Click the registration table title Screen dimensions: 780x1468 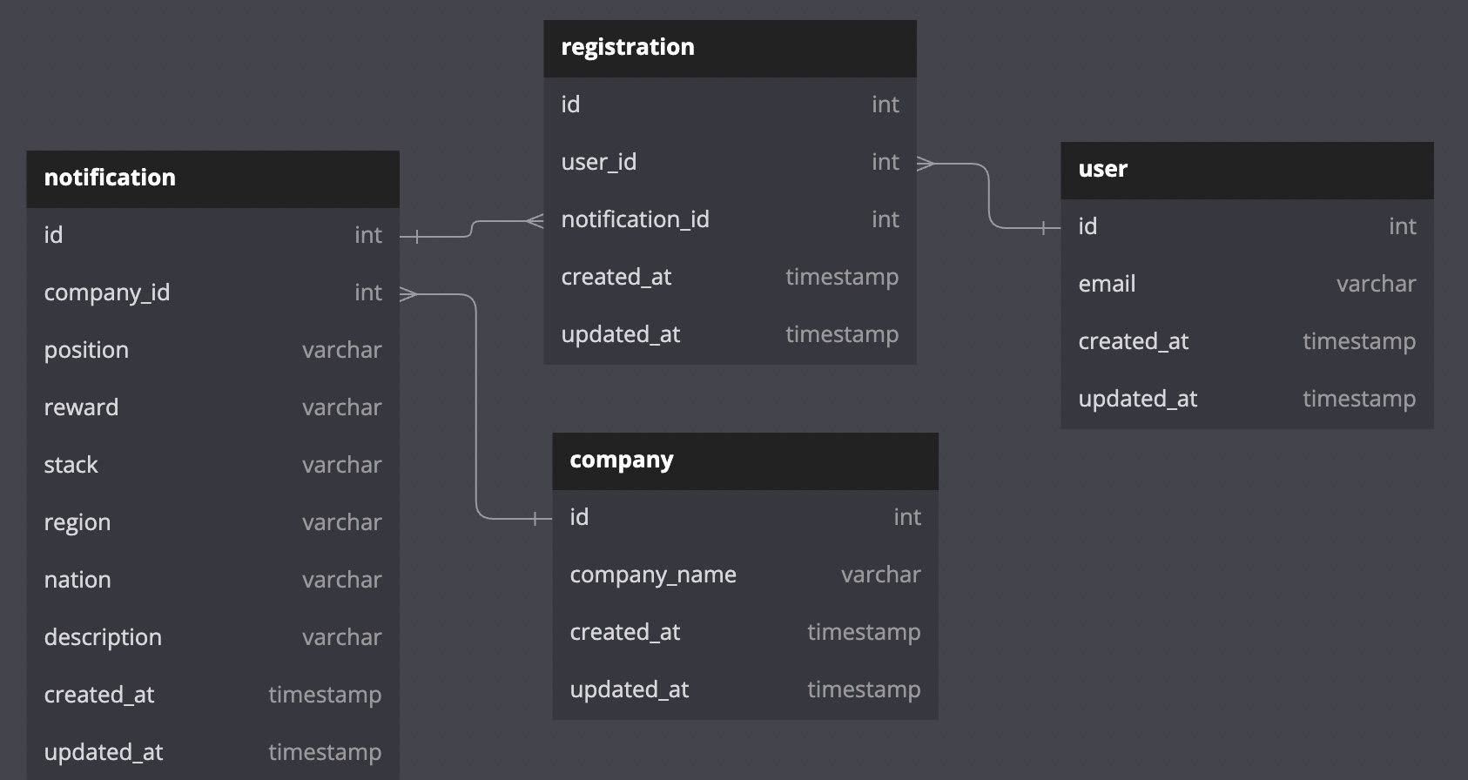[x=628, y=47]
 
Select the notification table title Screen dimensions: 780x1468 [x=110, y=178]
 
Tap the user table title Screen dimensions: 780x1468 [x=1102, y=169]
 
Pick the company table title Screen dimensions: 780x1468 [x=621, y=460]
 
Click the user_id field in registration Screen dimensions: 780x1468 [x=598, y=162]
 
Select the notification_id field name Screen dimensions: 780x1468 [x=635, y=219]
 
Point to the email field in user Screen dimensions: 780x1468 [x=1107, y=284]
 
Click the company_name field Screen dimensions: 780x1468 [x=652, y=575]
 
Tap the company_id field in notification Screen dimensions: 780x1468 [x=106, y=292]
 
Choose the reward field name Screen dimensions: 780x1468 [x=81, y=407]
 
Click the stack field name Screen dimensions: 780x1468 [x=71, y=465]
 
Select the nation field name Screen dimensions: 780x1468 [x=77, y=580]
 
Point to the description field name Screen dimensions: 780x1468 [x=103, y=637]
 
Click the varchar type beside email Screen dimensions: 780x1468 [x=1376, y=284]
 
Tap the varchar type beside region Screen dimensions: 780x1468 [x=341, y=522]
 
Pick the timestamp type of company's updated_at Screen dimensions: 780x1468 [x=863, y=689]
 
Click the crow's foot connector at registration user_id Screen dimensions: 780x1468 [x=926, y=163]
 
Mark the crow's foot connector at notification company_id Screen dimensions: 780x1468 [x=408, y=295]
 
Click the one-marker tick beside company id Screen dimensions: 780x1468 [x=535, y=519]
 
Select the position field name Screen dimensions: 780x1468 [x=86, y=350]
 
